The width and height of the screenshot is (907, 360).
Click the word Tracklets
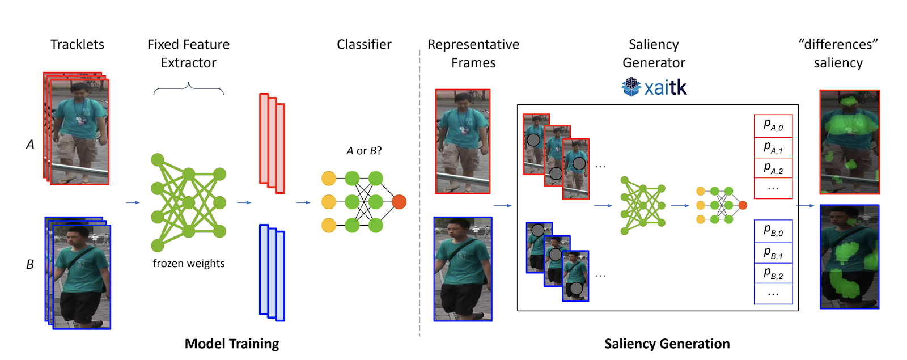point(77,44)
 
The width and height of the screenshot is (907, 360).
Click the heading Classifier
point(364,44)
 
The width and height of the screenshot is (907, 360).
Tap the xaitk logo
point(654,87)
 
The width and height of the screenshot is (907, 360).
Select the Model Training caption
point(232,344)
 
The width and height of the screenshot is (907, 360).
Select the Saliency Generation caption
point(667,344)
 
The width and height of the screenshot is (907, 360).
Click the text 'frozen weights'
point(189,263)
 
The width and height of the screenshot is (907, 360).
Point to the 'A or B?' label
point(364,151)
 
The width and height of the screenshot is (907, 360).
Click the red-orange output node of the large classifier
point(399,202)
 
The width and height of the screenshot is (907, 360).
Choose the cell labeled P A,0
point(773,125)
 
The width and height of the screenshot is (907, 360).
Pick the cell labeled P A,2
point(773,168)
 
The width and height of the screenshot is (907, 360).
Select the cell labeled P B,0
point(773,231)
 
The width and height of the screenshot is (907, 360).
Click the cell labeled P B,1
point(773,253)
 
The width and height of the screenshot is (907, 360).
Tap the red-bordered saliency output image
point(849,142)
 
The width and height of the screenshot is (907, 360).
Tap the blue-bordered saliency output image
point(849,257)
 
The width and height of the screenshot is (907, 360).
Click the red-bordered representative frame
point(463,141)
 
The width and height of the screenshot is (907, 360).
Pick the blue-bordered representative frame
point(463,269)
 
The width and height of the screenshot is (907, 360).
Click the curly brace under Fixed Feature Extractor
point(189,88)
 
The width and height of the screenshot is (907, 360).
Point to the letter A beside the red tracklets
point(30,145)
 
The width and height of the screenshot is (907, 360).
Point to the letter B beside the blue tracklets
point(30,264)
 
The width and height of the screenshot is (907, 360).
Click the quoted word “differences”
point(838,44)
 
